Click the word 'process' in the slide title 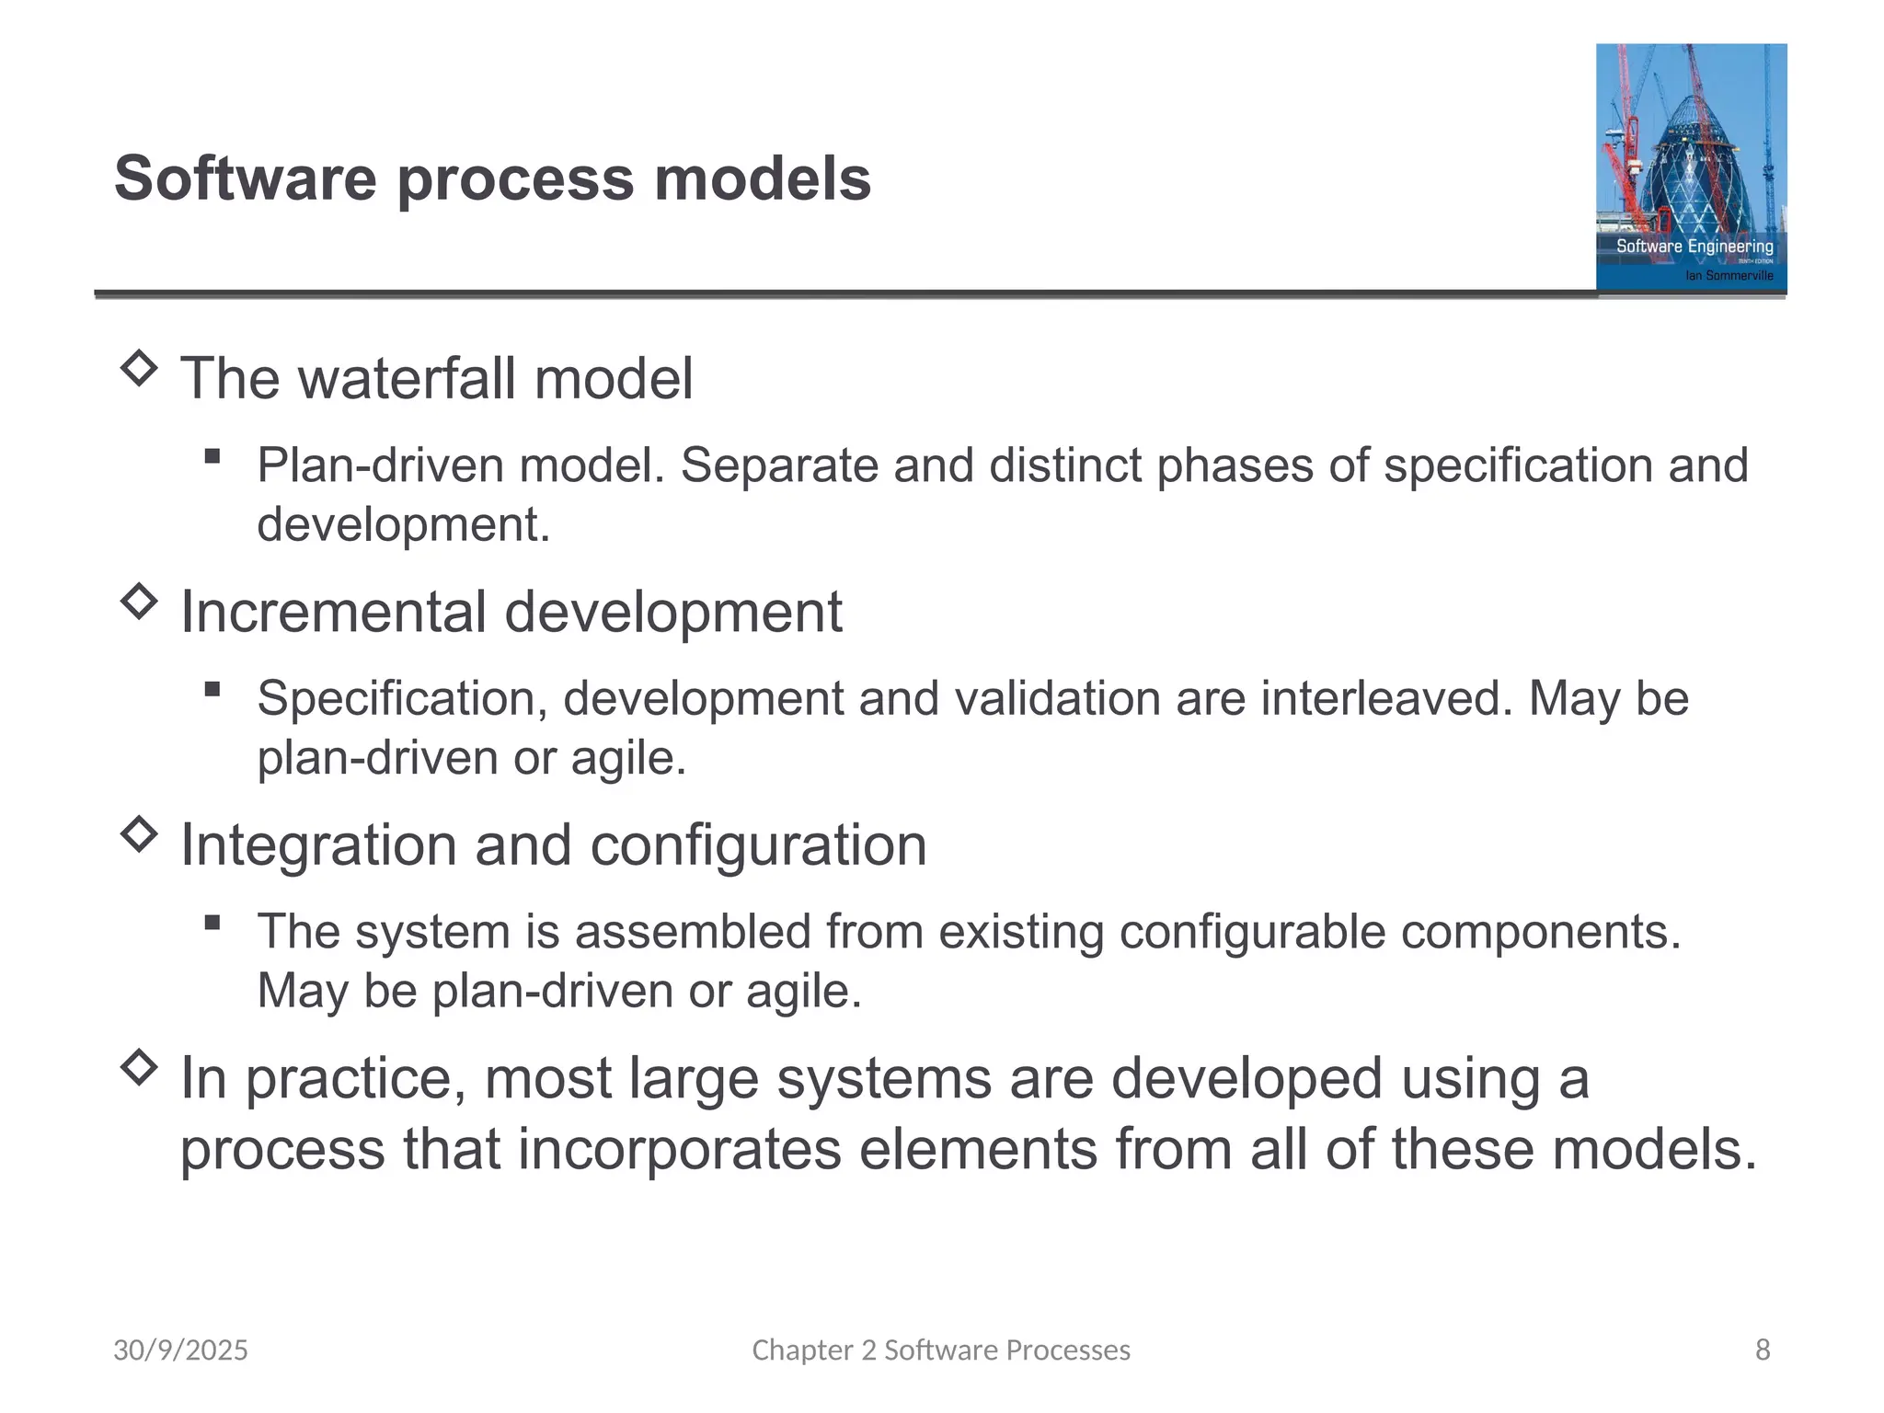click(x=515, y=179)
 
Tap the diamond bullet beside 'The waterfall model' click(x=139, y=369)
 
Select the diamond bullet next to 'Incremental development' click(x=139, y=602)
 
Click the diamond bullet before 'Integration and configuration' click(x=139, y=834)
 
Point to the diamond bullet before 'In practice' click(x=139, y=1067)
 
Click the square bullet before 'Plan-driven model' click(x=213, y=455)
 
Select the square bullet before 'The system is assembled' click(x=213, y=922)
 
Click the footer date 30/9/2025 click(x=180, y=1350)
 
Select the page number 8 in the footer click(x=1762, y=1350)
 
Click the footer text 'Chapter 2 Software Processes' click(x=941, y=1350)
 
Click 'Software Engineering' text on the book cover click(x=1694, y=246)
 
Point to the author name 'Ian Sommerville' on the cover click(x=1729, y=275)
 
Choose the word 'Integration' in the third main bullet click(x=317, y=844)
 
